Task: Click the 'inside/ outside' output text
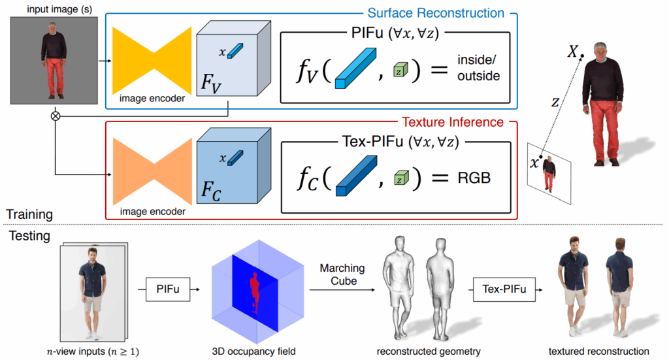point(478,67)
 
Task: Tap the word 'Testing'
point(28,236)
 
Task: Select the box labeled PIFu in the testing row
point(168,287)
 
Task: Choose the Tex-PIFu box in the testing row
point(501,287)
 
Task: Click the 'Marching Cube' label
point(343,274)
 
